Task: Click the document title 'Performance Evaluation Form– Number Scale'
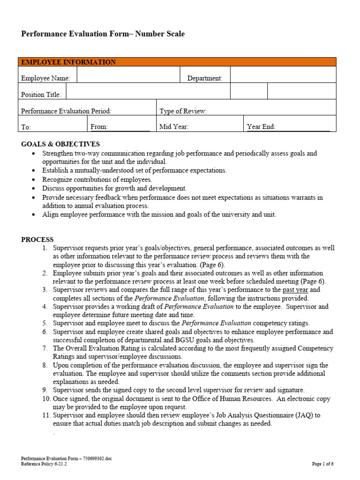tap(103, 34)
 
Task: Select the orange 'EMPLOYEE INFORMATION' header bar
tap(177, 62)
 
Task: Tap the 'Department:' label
tap(205, 78)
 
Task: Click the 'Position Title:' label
tap(41, 95)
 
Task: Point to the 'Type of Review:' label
tap(183, 111)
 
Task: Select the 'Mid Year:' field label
tap(174, 127)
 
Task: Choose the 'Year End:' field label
tap(261, 127)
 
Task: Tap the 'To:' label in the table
tap(26, 127)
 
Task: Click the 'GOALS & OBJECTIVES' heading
tap(60, 144)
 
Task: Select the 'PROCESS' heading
tap(37, 240)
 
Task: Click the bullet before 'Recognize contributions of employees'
tap(32, 180)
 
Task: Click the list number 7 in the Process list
tap(45, 348)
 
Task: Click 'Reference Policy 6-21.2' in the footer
tap(44, 464)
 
